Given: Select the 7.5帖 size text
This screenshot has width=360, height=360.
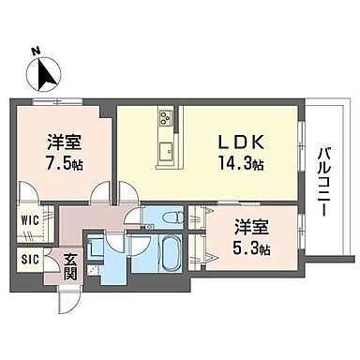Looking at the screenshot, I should (x=62, y=163).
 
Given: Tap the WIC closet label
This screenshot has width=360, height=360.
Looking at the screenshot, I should (x=28, y=222).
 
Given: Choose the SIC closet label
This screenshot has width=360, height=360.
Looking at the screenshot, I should (x=28, y=260).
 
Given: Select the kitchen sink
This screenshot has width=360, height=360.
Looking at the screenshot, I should (x=167, y=149).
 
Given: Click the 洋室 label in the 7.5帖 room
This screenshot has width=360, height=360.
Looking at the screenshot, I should (x=62, y=143).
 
